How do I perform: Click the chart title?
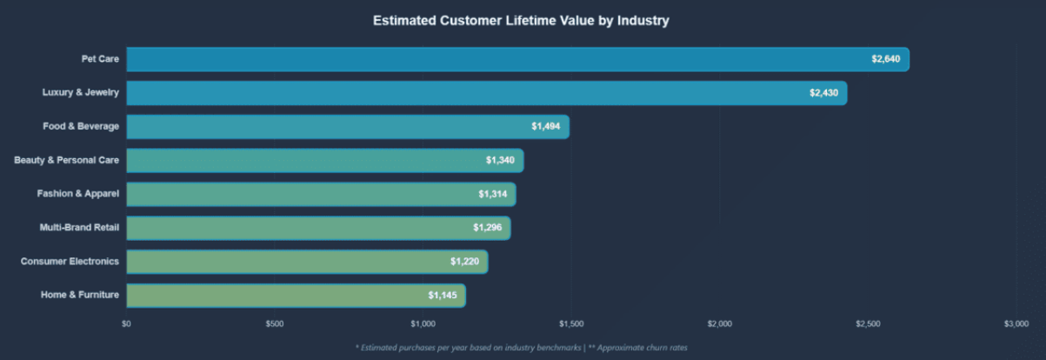pos(521,20)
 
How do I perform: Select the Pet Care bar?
pos(517,59)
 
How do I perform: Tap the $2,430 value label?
pos(823,93)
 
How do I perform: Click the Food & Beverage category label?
pos(81,127)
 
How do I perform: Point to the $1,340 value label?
pos(500,161)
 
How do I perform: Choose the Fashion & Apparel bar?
pos(321,194)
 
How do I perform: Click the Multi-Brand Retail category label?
pos(79,228)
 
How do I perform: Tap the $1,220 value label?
pos(464,262)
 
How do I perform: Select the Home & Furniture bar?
pos(296,296)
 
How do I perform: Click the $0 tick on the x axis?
pos(126,324)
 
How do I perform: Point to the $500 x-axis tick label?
pos(274,324)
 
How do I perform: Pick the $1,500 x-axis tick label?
pos(571,324)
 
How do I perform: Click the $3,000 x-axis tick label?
pos(1016,324)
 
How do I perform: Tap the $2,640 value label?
pos(886,59)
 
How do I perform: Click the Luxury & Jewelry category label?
pos(80,93)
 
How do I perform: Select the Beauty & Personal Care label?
pos(67,161)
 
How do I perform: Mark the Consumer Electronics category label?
pos(70,262)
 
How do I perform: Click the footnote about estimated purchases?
pos(522,348)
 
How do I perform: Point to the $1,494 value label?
pos(546,127)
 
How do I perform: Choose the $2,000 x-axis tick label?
pos(720,324)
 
